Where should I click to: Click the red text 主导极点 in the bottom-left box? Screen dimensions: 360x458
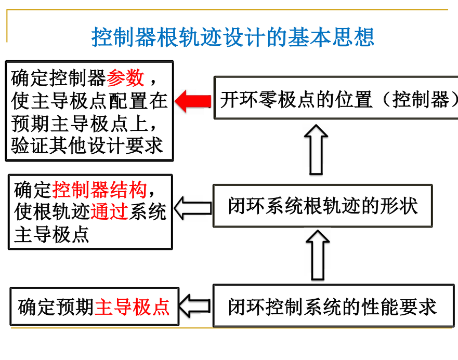tap(133, 307)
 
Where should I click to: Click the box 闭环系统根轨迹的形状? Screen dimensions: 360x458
tap(323, 206)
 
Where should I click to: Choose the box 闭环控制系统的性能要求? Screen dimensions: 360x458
tap(333, 306)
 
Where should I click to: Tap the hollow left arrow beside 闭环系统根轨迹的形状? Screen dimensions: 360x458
tap(192, 208)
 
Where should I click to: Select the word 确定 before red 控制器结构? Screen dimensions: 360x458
tap(33, 190)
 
